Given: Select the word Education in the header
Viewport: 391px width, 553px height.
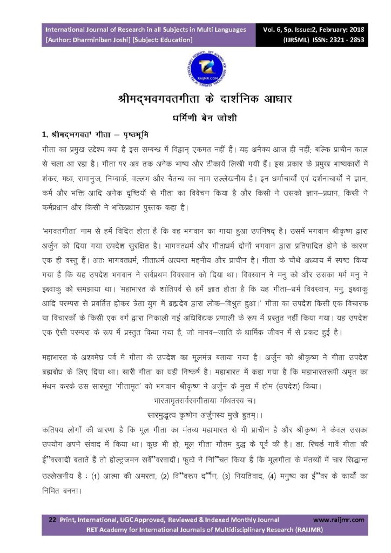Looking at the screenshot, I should coord(175,39).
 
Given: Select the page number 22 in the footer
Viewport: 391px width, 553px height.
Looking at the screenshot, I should coord(52,520).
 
